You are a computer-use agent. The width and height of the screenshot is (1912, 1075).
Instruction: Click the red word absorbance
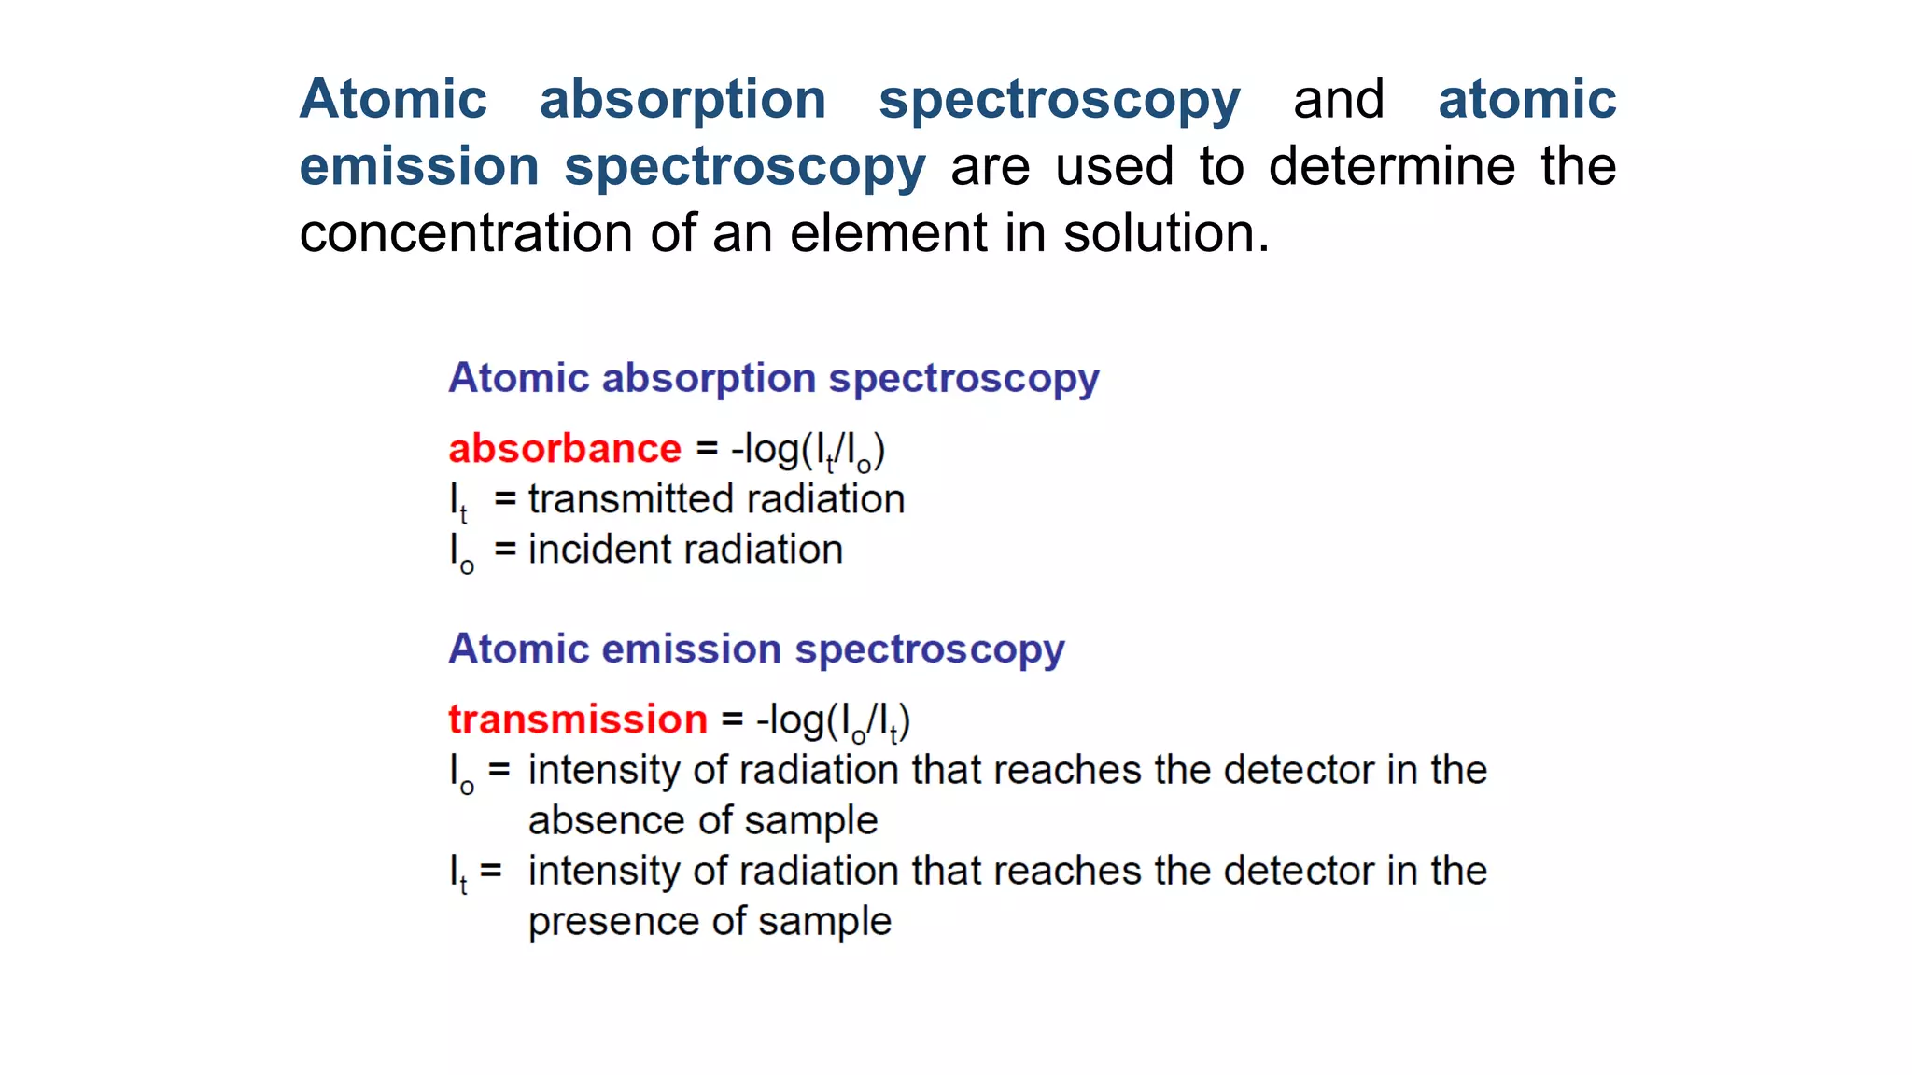(565, 449)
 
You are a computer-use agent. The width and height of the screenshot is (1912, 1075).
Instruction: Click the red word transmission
(578, 719)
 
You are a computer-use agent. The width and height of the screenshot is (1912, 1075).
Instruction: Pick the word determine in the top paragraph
(1391, 166)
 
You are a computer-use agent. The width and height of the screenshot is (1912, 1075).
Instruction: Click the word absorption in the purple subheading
(710, 378)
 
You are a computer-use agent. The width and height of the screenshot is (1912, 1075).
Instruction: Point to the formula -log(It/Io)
(808, 451)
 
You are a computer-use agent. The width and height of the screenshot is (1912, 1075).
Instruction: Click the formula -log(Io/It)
(833, 721)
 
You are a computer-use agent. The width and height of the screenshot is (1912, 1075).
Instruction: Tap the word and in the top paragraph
(1338, 99)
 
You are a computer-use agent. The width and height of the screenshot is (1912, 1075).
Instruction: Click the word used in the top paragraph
(1114, 166)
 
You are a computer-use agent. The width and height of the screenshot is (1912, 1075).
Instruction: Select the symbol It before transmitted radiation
(458, 502)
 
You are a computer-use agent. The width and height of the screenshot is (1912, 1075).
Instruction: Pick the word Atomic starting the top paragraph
(393, 99)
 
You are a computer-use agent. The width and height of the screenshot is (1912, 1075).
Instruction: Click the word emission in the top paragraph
(419, 166)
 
